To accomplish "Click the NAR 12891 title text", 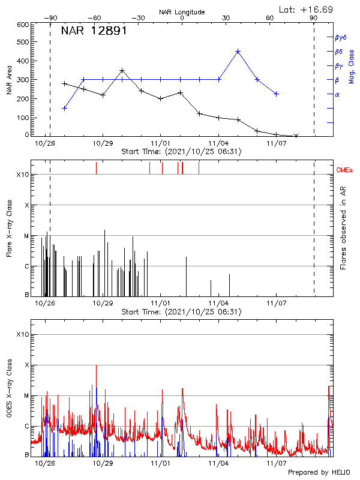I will pos(94,31).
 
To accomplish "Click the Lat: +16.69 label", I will pos(307,9).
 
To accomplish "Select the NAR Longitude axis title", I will pos(182,12).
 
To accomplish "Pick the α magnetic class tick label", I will pos(337,94).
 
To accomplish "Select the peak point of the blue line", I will pos(238,52).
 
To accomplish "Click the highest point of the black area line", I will pos(122,70).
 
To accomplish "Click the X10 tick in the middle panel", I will pos(22,175).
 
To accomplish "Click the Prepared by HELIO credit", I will pos(319,472).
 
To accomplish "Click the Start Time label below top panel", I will pos(181,152).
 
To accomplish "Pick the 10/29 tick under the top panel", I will pos(103,143).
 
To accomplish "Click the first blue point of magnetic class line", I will pos(65,108).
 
